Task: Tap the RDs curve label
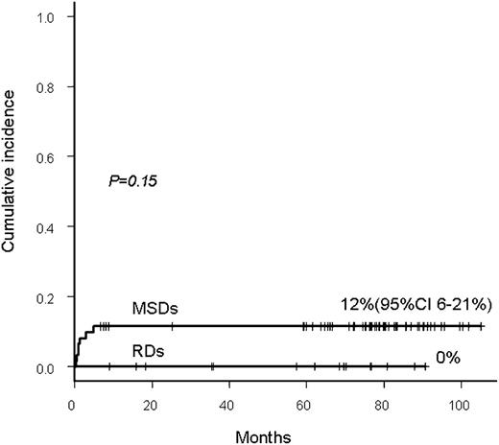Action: coord(148,351)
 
